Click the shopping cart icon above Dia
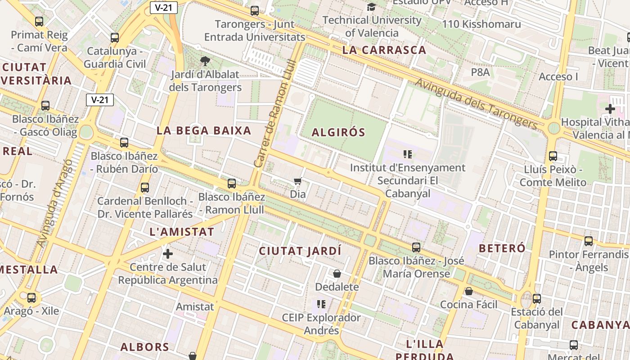(297, 181)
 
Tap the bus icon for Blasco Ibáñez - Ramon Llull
(232, 184)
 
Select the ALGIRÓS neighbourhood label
(338, 132)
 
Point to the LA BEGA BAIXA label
(204, 130)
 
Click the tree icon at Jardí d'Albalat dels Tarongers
(205, 61)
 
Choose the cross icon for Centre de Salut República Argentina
(168, 254)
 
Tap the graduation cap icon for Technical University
(372, 7)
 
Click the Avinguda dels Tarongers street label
(476, 103)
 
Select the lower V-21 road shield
(100, 99)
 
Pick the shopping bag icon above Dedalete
(337, 274)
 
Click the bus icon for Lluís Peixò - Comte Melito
(553, 156)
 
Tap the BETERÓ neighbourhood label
(502, 248)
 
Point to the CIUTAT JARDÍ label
(300, 251)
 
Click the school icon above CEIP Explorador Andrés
(321, 304)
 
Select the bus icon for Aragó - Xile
(31, 298)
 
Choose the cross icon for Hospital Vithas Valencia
(610, 109)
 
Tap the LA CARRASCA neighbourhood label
(384, 50)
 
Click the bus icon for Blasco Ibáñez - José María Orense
(416, 247)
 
